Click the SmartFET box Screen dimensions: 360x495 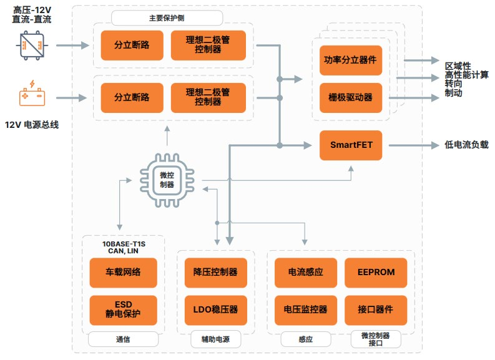coord(351,145)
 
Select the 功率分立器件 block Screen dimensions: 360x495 coord(351,61)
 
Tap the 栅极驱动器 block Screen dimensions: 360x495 coord(351,97)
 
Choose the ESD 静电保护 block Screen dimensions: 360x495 coord(123,309)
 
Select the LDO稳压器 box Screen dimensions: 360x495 coord(215,309)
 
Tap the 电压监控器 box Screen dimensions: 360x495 coord(305,309)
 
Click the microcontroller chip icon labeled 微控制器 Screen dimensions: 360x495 coord(167,180)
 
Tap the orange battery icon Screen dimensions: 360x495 coord(31,95)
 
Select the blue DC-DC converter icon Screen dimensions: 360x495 coord(31,45)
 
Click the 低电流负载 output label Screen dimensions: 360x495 coord(466,145)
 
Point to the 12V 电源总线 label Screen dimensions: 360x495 coord(31,125)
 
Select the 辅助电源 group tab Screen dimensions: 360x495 coord(215,340)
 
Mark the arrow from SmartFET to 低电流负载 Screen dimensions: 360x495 coord(413,145)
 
